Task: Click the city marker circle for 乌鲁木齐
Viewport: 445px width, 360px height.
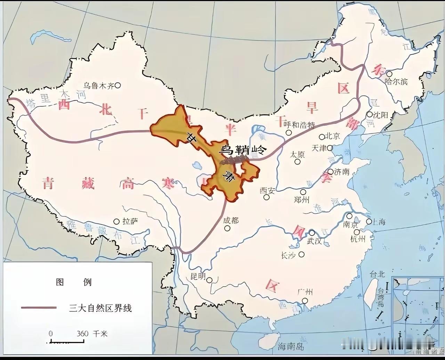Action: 118,85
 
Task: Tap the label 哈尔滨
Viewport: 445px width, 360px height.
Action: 396,82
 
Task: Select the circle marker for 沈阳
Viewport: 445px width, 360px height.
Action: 370,114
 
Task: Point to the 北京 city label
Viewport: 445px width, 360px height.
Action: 333,136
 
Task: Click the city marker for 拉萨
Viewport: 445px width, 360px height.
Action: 117,221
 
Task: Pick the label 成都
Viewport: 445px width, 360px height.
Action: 231,220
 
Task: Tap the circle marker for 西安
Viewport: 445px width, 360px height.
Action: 266,197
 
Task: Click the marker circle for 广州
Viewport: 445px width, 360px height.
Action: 305,301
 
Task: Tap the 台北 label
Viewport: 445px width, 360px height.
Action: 377,274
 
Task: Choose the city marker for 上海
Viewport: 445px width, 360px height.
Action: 369,222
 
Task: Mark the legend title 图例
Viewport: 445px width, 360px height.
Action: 73,282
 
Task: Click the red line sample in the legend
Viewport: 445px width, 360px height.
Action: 39,308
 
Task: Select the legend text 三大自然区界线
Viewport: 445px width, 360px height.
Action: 100,308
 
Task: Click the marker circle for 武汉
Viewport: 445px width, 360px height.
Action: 312,233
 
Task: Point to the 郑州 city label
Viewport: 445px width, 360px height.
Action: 301,200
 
